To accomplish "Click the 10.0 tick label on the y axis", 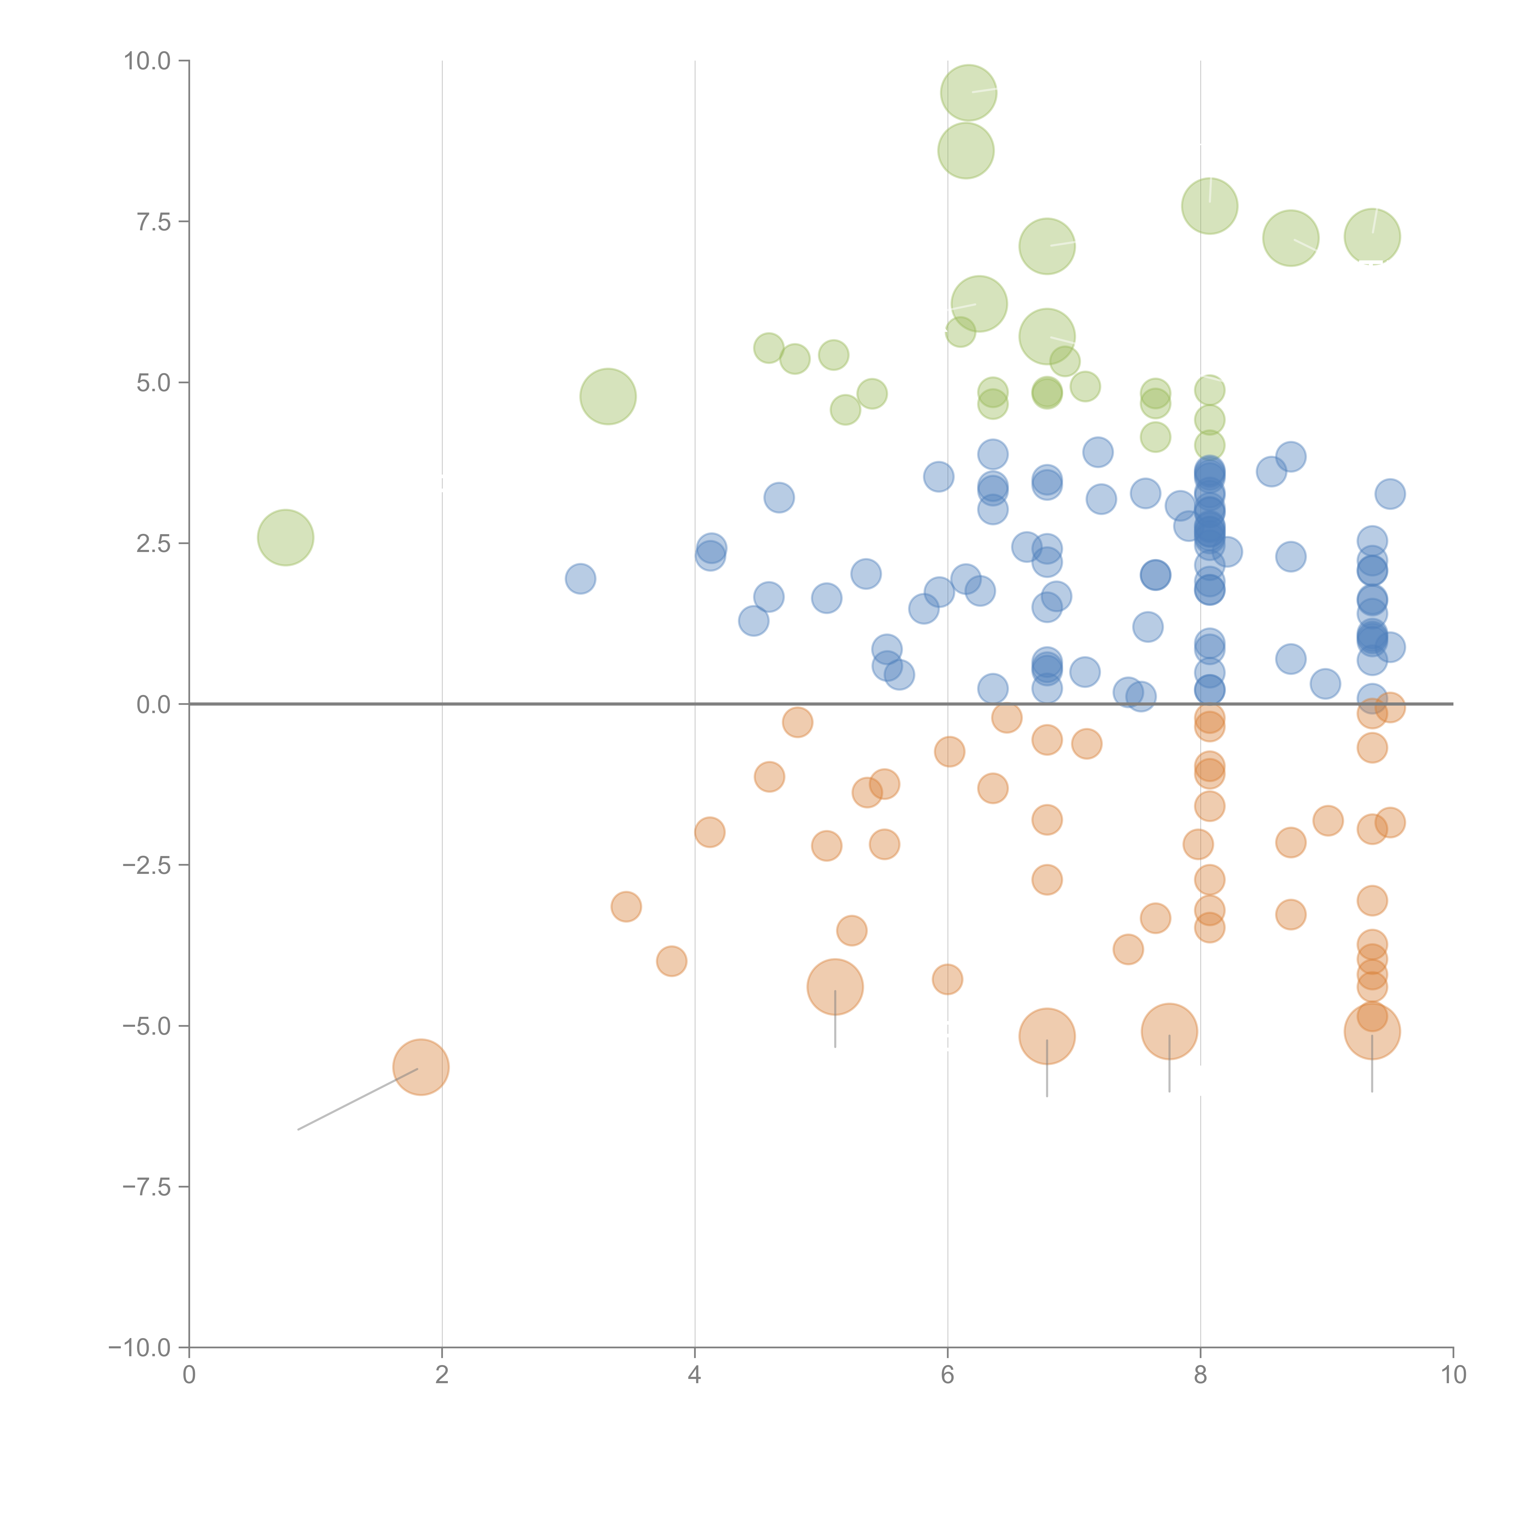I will point(147,61).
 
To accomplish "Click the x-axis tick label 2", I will point(442,1375).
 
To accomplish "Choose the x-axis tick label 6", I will point(947,1375).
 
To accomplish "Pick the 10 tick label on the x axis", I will point(1453,1375).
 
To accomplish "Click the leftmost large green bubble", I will point(285,537).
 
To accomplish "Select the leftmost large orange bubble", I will point(421,1067).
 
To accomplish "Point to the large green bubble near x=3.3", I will point(608,397).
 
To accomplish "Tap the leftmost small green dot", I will point(769,348).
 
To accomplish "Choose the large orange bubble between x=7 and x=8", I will point(1169,1031).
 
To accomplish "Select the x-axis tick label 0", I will point(189,1375).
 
